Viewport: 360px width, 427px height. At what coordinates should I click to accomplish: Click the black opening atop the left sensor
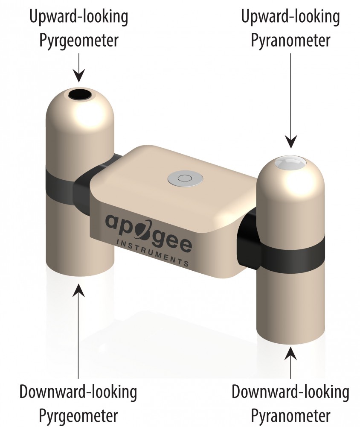tap(80, 94)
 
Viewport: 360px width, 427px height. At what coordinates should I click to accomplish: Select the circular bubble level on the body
tap(185, 178)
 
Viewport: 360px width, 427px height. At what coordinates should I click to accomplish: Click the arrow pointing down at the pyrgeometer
tap(79, 67)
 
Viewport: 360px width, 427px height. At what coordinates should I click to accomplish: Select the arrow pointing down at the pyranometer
tap(290, 101)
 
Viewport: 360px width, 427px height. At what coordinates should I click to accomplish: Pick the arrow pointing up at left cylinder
tap(78, 331)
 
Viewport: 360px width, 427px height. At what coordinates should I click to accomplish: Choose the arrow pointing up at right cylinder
tap(290, 362)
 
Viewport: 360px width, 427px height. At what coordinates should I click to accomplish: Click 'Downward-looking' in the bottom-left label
tap(78, 392)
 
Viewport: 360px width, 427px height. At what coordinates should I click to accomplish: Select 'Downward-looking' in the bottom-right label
tap(290, 392)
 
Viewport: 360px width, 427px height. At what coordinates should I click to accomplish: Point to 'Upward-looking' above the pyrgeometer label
tap(78, 17)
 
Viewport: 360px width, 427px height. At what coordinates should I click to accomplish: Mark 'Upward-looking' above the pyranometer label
tap(290, 17)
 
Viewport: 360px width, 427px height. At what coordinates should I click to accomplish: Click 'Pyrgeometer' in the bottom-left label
tap(78, 416)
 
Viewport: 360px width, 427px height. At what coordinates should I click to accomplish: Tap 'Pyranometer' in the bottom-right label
tap(290, 416)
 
